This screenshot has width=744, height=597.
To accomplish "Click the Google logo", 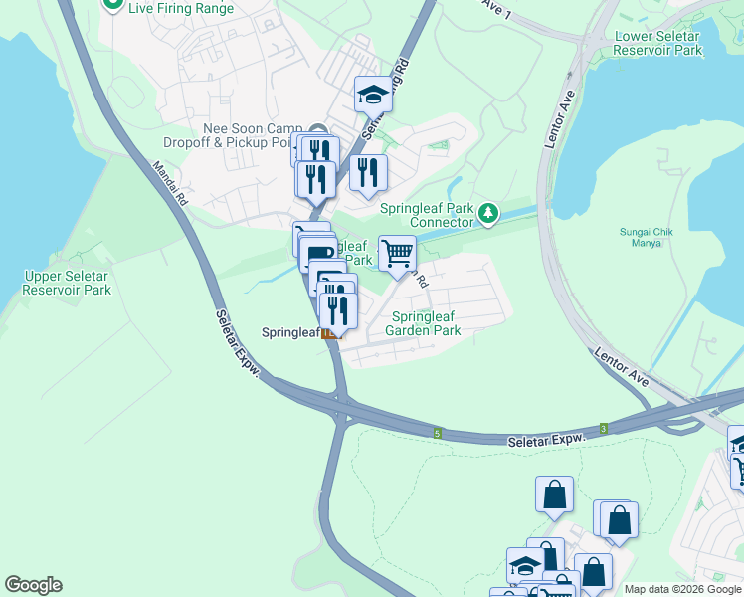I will [x=33, y=585].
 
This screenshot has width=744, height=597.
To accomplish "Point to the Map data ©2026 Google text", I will [x=682, y=589].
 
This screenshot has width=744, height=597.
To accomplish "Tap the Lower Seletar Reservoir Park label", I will [x=658, y=43].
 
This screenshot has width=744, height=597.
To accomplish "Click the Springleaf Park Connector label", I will [x=426, y=215].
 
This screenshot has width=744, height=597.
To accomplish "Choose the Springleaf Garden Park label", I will [x=423, y=323].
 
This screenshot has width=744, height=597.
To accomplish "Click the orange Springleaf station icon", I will [x=331, y=333].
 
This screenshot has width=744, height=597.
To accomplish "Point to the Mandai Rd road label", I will [x=170, y=185].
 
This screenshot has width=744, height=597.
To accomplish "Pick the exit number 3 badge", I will [x=603, y=427].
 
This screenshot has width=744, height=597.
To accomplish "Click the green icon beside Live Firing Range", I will [x=112, y=5].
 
